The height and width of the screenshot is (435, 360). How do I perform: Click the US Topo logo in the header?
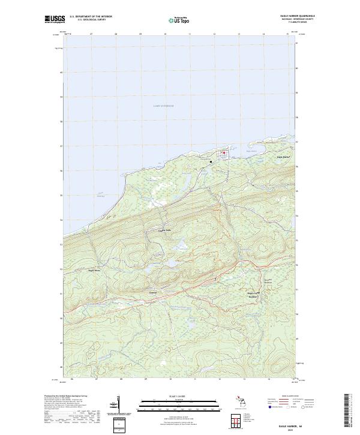tap(180, 19)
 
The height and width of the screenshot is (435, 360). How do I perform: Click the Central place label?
tap(152, 292)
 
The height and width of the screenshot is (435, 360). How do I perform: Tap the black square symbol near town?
tap(211, 161)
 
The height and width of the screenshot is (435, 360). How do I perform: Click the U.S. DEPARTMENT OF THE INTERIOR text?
tap(91, 16)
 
